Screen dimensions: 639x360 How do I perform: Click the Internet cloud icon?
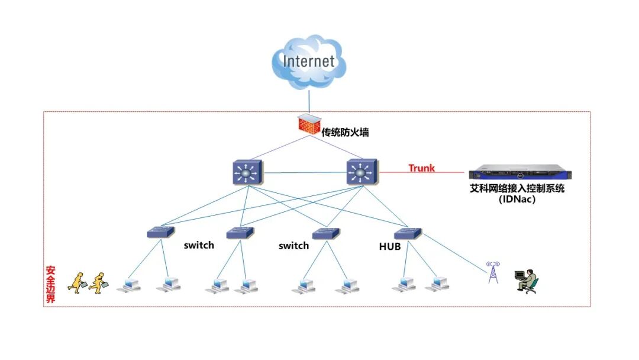pos(309,62)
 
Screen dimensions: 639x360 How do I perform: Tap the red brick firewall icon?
pos(309,124)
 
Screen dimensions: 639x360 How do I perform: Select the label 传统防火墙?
pos(345,132)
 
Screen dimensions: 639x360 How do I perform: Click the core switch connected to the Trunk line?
pos(362,172)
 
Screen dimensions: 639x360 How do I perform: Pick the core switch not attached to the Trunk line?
pos(248,173)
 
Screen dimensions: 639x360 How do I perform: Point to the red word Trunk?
pos(421,168)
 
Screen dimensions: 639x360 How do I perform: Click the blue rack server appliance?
pos(520,172)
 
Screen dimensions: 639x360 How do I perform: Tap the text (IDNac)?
pos(517,200)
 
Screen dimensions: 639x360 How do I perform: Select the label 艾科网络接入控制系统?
pos(517,188)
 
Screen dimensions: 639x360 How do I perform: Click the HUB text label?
pos(389,246)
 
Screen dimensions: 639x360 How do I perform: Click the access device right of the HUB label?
pos(408,233)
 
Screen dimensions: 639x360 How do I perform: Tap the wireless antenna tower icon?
pos(493,272)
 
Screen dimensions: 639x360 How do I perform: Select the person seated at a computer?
pos(527,281)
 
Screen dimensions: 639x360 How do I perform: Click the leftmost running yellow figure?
pos(77,282)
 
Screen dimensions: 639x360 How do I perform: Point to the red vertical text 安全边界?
pos(50,285)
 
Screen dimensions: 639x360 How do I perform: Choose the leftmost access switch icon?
pos(161,232)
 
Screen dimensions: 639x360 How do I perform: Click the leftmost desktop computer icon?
pos(129,285)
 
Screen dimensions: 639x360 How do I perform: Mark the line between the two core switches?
pos(305,173)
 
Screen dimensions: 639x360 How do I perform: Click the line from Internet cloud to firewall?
pos(309,101)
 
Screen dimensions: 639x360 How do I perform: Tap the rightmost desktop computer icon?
pos(437,284)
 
